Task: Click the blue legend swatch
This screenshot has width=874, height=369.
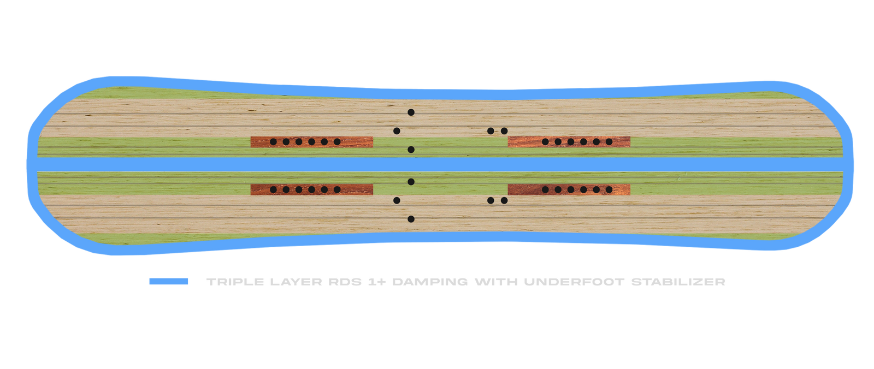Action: point(169,282)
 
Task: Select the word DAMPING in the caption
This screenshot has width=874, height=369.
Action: point(429,282)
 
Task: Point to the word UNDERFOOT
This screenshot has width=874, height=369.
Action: point(574,282)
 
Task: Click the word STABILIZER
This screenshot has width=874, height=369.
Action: point(678,282)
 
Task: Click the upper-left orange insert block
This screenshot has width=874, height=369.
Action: point(312,142)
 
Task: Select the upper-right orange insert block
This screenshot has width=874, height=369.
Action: point(569,142)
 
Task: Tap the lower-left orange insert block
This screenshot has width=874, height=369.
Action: point(312,189)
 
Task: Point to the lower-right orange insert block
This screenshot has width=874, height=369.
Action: point(569,189)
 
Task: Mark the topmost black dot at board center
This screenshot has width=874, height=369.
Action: point(411,112)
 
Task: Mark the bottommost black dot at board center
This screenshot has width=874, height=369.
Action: point(411,219)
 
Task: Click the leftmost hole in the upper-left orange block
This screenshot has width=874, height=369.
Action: point(273,142)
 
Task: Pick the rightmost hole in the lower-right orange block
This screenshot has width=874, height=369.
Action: point(609,189)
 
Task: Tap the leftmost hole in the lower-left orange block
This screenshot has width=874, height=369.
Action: point(273,189)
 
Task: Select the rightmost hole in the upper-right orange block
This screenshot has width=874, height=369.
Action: point(609,142)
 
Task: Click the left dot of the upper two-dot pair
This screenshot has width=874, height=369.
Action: point(491,131)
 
